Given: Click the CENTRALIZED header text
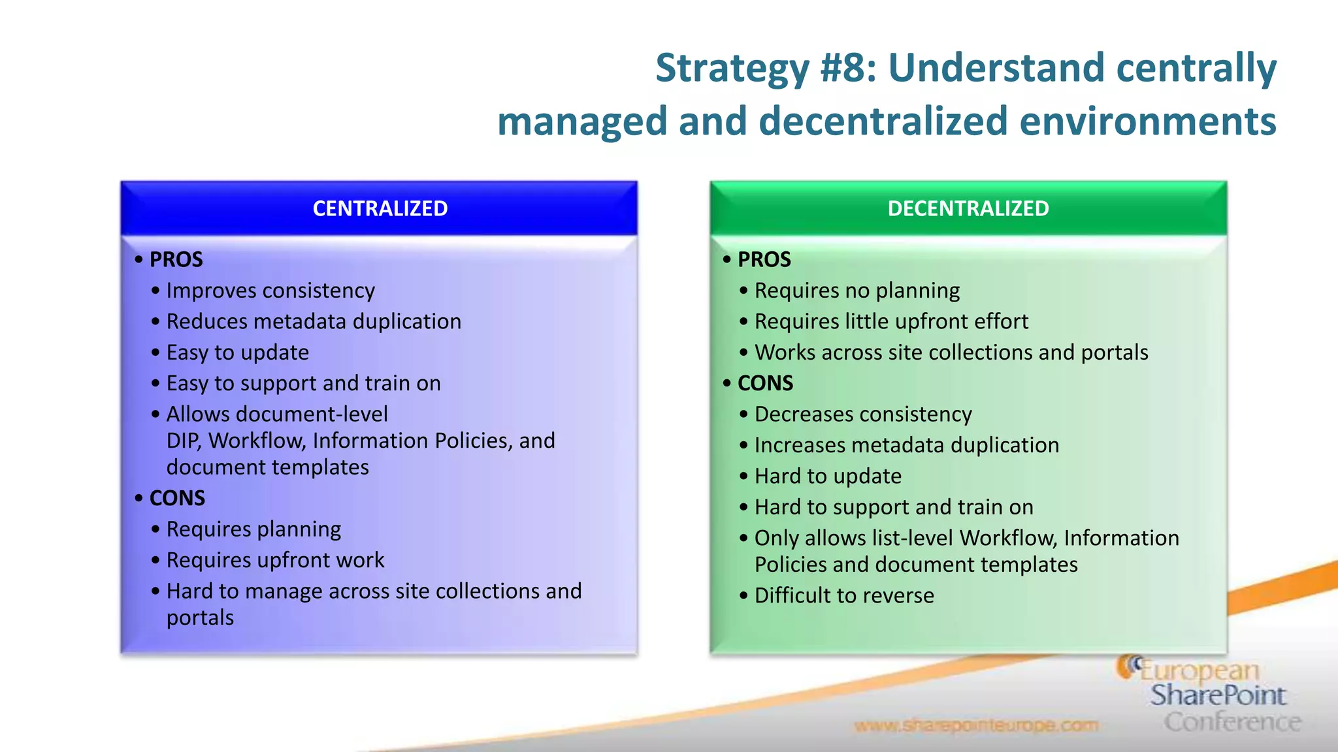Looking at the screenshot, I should [380, 208].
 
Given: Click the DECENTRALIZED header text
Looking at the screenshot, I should [968, 208].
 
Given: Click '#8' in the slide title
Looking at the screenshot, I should [847, 68].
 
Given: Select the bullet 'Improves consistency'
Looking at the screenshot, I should [270, 290].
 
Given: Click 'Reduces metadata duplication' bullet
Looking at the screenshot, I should [314, 322].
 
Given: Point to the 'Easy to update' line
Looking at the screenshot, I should [237, 352].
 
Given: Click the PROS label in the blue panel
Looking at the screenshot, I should [176, 260].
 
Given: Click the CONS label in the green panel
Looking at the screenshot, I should [765, 383].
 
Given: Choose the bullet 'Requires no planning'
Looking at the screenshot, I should [857, 290].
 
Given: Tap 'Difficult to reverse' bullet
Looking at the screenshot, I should [844, 595].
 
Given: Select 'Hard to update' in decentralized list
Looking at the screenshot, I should [828, 477].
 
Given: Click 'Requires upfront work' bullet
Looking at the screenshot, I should [275, 560].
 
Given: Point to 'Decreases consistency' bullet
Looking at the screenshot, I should [863, 415].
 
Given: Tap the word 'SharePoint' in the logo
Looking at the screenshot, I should [1218, 695].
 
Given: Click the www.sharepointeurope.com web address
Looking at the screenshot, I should [976, 725].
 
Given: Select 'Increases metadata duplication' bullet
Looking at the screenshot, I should [907, 445].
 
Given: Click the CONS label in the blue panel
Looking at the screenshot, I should [177, 498].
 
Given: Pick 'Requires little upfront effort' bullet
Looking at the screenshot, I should [891, 322].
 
